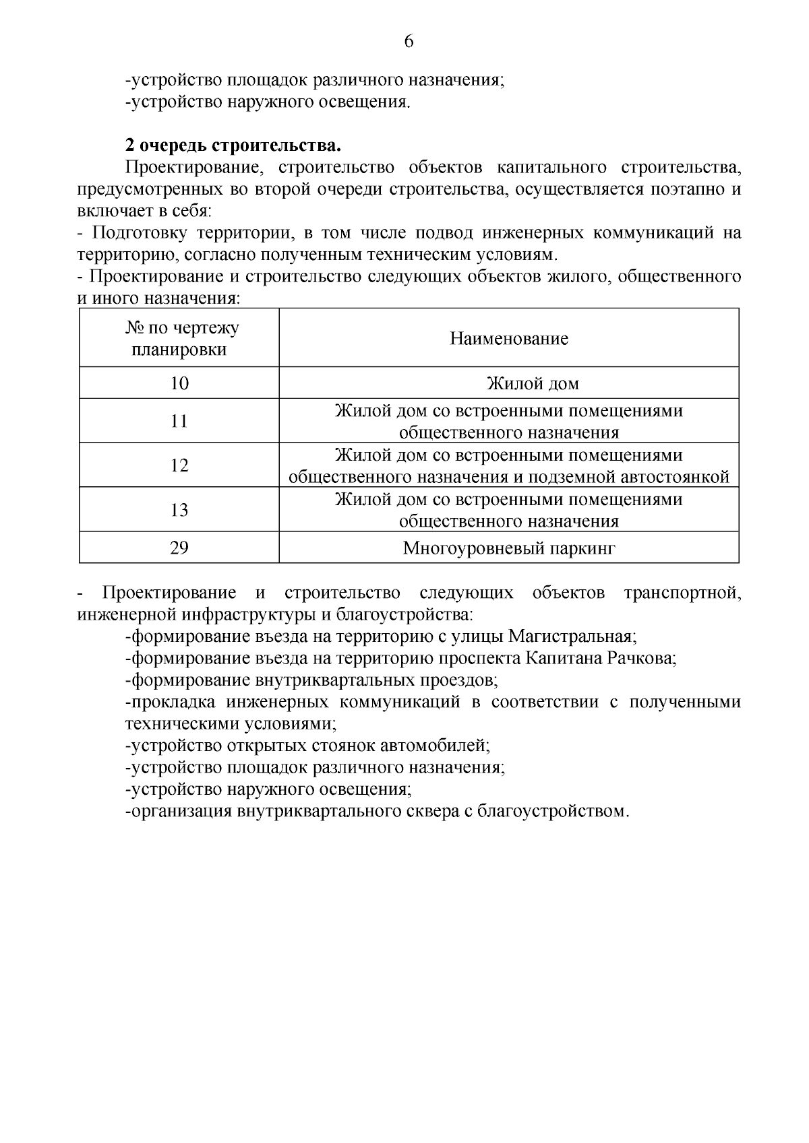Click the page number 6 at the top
coord(409,42)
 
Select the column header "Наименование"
coord(509,338)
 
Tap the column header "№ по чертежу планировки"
coord(179,339)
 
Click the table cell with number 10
coord(179,383)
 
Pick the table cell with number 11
coord(179,421)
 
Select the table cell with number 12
coord(179,465)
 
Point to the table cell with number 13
coord(179,510)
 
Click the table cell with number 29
coord(179,548)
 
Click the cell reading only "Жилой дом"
coord(533,384)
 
